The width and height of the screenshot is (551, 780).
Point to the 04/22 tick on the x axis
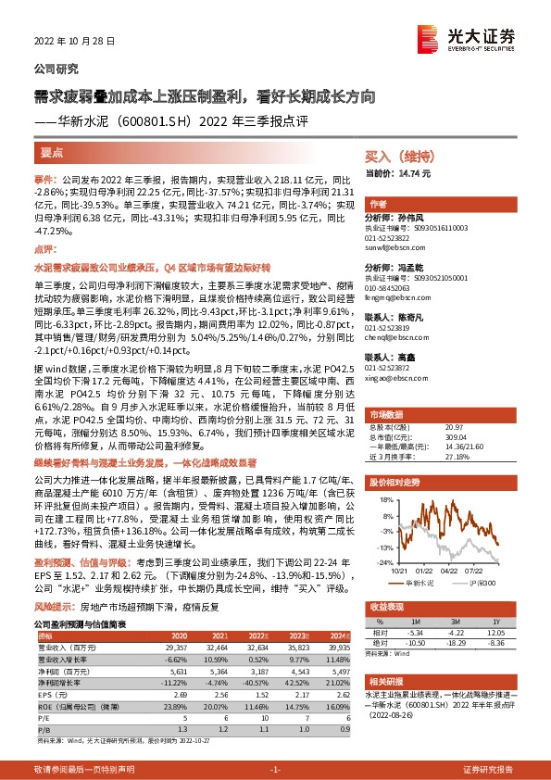tap(448, 572)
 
